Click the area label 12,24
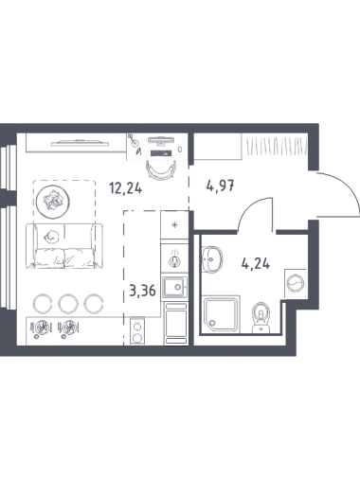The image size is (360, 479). (126, 189)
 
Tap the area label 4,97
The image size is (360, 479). (220, 186)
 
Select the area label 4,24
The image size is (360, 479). (256, 263)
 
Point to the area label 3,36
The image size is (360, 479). (143, 291)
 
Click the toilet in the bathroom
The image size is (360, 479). (261, 318)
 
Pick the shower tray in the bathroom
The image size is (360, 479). (222, 314)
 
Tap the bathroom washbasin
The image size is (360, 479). (212, 259)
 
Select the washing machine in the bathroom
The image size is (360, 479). (296, 283)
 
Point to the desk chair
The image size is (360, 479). (161, 169)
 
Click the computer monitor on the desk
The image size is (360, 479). (161, 140)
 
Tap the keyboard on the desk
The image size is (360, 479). (161, 153)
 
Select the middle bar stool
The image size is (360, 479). (68, 303)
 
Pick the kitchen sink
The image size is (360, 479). (174, 288)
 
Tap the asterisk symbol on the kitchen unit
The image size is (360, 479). (174, 225)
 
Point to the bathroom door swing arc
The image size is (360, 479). (250, 207)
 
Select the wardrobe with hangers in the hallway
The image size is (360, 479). (275, 146)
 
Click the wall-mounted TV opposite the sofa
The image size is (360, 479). (80, 143)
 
